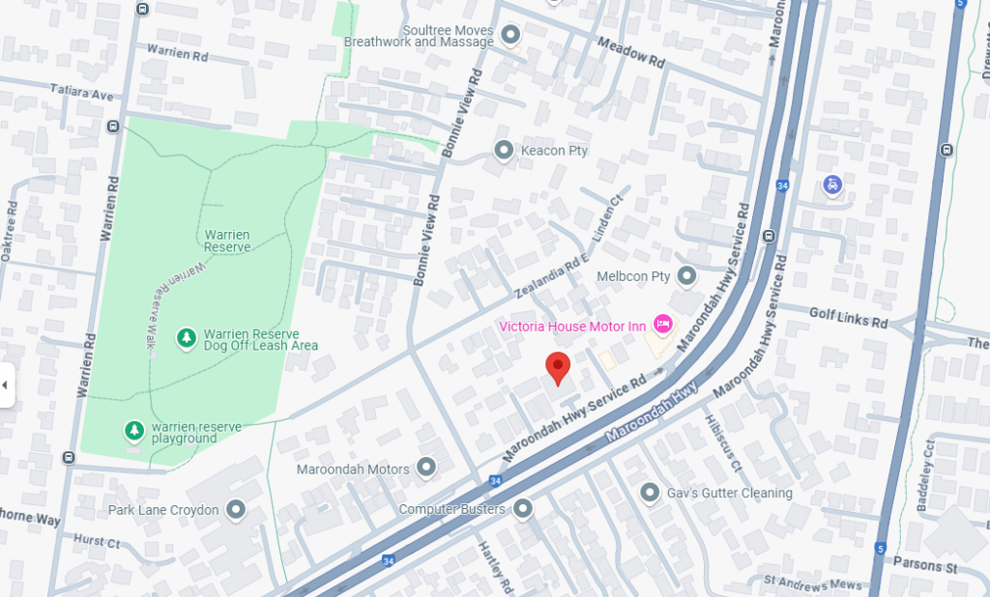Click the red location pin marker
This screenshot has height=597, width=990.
point(558,368)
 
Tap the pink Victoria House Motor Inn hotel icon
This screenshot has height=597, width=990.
point(663,324)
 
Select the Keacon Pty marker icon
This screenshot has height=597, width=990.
point(503,150)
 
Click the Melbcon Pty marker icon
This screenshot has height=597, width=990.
point(686,276)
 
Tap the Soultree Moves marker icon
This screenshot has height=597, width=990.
point(510,37)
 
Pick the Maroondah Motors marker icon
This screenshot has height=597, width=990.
point(426,469)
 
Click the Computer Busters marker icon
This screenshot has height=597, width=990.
point(523,508)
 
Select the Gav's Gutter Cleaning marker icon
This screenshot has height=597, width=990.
point(651,493)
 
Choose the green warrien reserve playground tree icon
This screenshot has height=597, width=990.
point(133,430)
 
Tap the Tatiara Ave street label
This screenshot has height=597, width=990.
point(81,94)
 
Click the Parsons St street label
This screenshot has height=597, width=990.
point(925,565)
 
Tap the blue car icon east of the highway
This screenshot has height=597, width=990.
point(832,184)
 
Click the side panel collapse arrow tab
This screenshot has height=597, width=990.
point(6,385)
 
